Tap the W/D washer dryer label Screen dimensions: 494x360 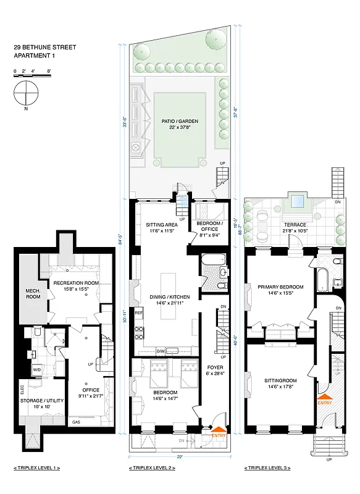[36, 371]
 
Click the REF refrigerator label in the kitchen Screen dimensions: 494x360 [139, 313]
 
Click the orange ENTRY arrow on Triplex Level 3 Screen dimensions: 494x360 [325, 400]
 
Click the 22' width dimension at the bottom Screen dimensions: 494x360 [179, 457]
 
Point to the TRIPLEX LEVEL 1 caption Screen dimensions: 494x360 [36, 469]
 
